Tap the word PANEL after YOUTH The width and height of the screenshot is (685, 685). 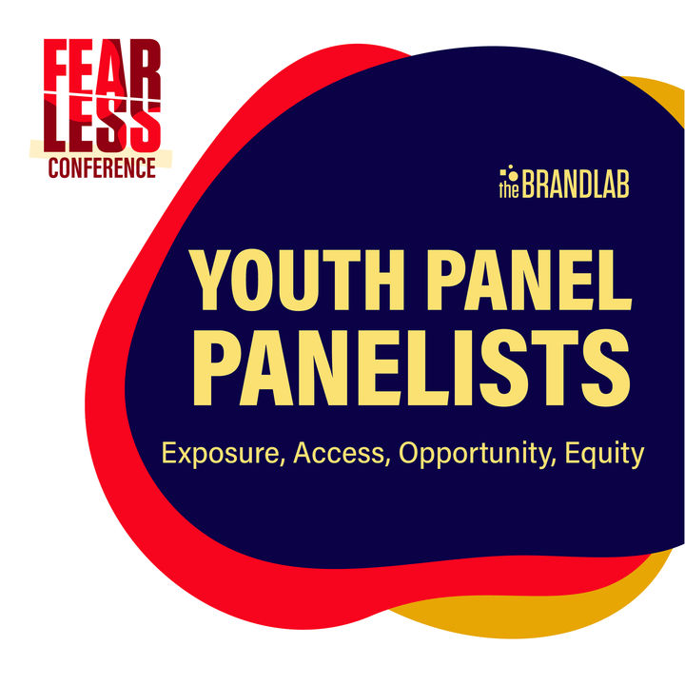point(530,280)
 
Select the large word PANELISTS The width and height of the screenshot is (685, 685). point(411,368)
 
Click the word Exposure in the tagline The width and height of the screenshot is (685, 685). point(220,455)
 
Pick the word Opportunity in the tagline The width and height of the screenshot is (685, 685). point(477,455)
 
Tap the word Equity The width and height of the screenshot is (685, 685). point(605,455)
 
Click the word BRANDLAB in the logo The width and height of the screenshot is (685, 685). point(576,185)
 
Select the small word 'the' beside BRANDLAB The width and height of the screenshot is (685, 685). point(509,189)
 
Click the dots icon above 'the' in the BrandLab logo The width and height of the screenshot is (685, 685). point(509,171)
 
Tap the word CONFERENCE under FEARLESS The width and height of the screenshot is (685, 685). point(102,167)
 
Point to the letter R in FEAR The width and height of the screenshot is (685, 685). point(146,69)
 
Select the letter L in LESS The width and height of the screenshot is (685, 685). point(53,125)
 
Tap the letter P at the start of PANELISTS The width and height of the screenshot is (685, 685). point(217,368)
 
